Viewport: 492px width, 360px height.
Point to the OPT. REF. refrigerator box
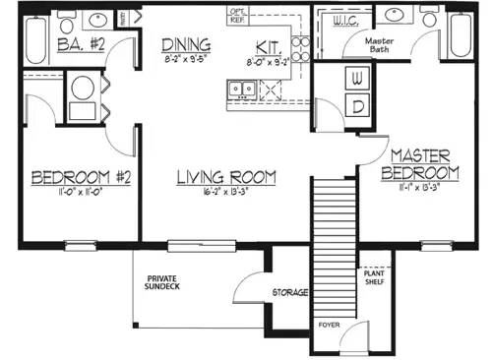coord(238,13)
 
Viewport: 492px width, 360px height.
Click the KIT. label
coord(269,47)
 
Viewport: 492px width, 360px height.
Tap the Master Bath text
coord(379,46)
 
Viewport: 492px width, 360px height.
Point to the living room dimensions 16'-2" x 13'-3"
coord(225,194)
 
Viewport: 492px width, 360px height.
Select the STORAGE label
coord(291,293)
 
